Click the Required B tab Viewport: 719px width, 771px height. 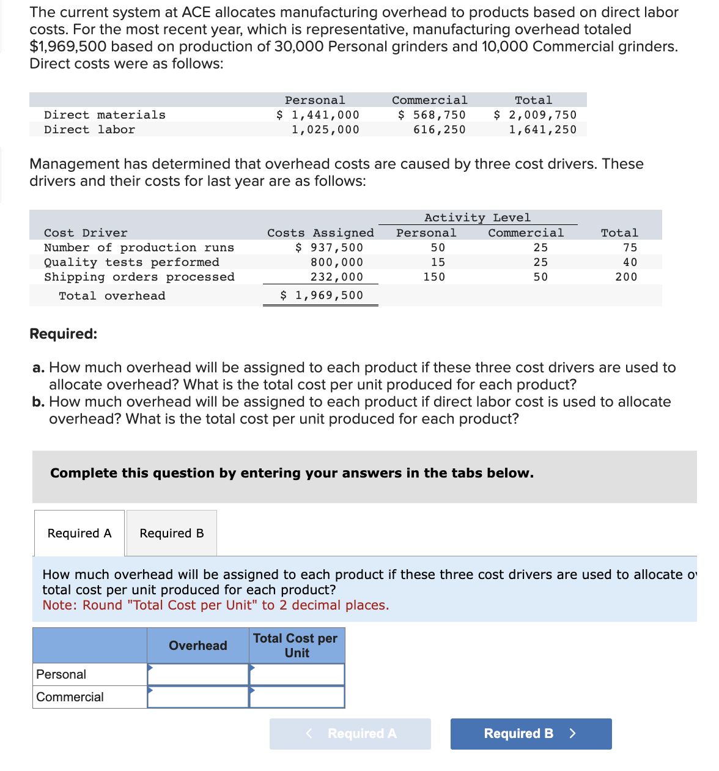pos(172,533)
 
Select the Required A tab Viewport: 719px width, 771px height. pos(79,533)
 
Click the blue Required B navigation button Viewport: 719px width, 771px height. pos(531,734)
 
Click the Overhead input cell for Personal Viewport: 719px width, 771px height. pos(198,674)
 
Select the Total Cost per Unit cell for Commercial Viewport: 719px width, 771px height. pos(297,697)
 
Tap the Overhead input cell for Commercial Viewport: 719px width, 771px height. pos(198,697)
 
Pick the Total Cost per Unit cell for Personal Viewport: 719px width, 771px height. pos(297,674)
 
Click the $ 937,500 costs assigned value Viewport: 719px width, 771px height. pos(329,248)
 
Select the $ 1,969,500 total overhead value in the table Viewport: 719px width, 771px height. pos(322,295)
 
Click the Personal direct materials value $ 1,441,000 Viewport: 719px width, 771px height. pos(318,115)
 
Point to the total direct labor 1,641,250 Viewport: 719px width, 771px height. pos(542,130)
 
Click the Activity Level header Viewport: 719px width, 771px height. pos(477,218)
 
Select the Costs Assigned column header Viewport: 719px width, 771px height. pos(320,233)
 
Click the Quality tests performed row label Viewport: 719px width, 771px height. pos(131,262)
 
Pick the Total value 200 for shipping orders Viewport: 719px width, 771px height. pos(626,277)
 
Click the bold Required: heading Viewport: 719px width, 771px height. pos(64,334)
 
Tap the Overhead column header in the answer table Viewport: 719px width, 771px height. pos(198,646)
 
